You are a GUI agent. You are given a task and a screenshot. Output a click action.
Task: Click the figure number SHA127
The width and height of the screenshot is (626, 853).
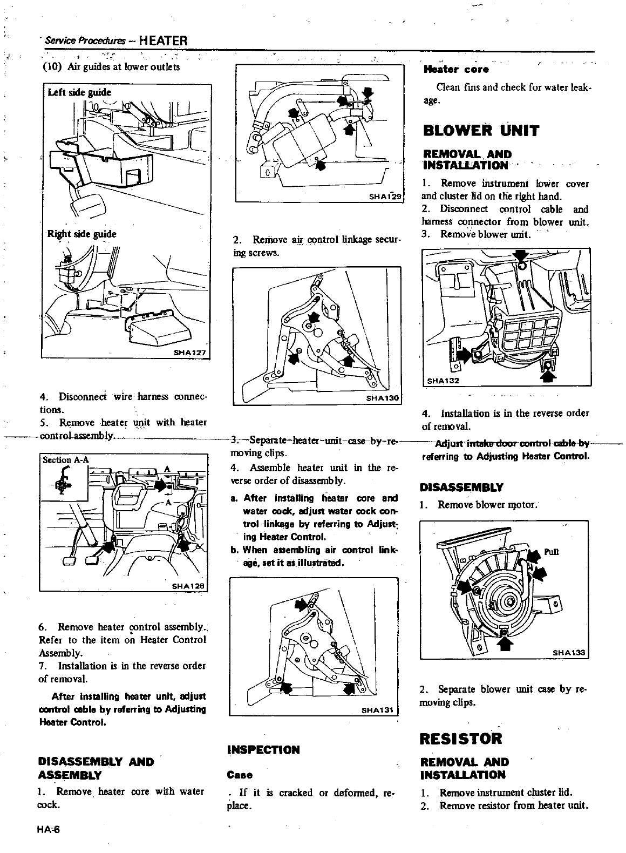(x=190, y=353)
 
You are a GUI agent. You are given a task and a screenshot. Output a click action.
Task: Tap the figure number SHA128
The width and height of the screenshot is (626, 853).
(x=189, y=586)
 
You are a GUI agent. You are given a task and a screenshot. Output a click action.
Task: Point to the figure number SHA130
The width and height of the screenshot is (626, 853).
(x=382, y=398)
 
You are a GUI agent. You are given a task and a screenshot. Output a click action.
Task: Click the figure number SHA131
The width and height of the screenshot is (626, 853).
(x=378, y=709)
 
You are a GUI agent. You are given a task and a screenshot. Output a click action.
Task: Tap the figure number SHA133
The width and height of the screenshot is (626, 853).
(x=569, y=652)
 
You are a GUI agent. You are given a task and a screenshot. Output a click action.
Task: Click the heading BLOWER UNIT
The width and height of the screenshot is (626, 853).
(x=481, y=131)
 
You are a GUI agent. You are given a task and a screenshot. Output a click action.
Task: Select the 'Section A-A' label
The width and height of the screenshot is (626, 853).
(x=66, y=459)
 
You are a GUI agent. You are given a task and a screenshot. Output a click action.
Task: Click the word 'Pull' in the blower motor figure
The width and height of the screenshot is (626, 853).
(x=551, y=551)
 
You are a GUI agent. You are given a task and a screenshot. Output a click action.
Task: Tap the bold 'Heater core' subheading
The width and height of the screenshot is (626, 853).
(x=457, y=69)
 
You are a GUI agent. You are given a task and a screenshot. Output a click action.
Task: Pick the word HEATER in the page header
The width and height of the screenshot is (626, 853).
(x=162, y=40)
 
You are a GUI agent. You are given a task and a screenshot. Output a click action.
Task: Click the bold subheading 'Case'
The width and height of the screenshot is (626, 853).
(x=240, y=775)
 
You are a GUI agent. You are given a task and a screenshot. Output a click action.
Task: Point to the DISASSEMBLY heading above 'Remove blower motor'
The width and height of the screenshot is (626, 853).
(x=461, y=486)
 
